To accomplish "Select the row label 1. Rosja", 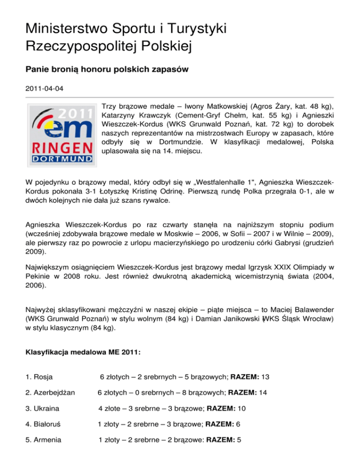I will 39,376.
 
